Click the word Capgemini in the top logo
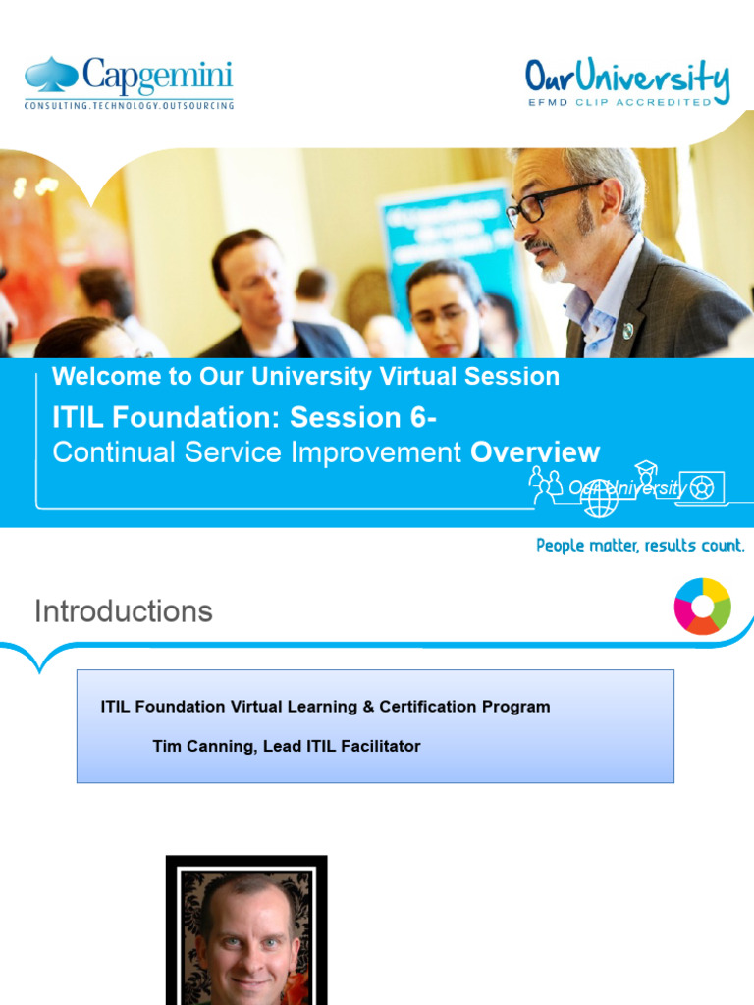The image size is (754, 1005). coord(157,76)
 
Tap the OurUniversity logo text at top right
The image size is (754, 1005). coord(626,77)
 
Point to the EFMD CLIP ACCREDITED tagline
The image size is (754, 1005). coord(619,102)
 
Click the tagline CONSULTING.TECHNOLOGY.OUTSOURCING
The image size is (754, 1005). coord(129,105)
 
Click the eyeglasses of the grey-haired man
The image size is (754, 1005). coord(545,204)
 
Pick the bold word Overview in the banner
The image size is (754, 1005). coord(535,452)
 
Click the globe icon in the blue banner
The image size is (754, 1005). coord(599,499)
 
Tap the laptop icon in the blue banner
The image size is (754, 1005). coord(701,488)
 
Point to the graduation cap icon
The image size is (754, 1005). coord(645,468)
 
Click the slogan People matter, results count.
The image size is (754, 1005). coord(640,545)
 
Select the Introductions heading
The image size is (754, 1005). coord(124,611)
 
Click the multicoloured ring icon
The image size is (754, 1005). coord(702,607)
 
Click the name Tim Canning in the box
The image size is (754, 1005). coord(199,746)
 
